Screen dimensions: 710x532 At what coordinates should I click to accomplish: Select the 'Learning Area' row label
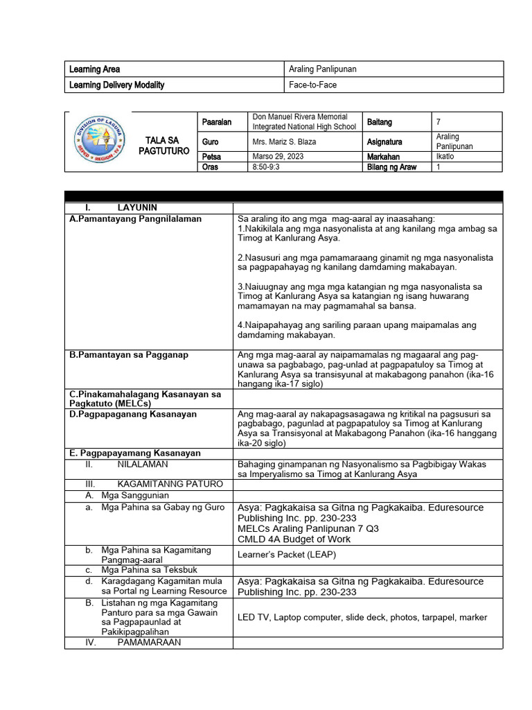[95, 69]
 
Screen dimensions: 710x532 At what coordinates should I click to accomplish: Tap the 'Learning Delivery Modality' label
[117, 85]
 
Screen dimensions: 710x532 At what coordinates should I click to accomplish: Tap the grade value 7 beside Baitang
[438, 122]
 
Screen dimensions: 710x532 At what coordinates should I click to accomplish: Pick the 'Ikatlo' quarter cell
[447, 157]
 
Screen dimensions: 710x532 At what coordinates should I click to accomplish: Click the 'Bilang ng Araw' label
[391, 167]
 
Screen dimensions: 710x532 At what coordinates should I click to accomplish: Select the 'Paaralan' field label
[217, 122]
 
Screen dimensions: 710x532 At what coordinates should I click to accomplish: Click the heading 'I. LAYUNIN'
[121, 207]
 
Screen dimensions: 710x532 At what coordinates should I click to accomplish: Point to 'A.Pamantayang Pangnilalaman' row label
[136, 218]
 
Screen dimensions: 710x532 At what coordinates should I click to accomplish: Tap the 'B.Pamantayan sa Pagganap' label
[129, 354]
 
